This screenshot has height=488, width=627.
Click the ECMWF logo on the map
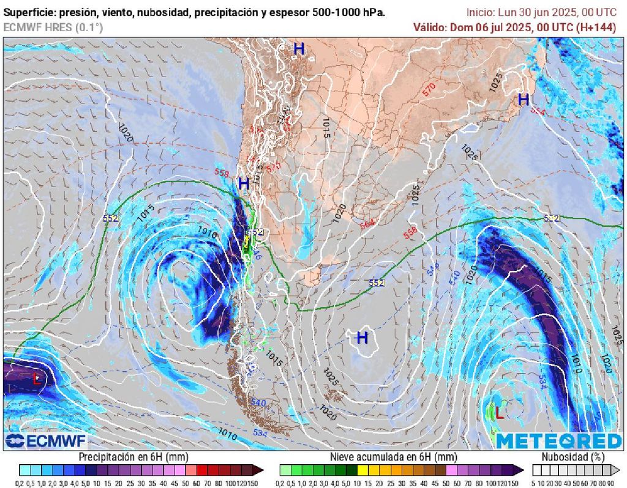point(46,441)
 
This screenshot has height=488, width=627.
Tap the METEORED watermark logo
point(558,440)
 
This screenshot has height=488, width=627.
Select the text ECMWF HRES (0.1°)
point(53,27)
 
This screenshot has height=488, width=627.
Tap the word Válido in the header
point(430,27)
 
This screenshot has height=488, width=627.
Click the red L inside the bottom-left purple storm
point(37,379)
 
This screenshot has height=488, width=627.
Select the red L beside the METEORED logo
point(499,413)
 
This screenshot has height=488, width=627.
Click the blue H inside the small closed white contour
point(362,337)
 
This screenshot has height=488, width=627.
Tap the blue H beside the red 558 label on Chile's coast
point(244,183)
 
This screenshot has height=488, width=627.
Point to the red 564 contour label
point(367,224)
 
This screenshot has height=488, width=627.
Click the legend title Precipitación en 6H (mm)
point(133,457)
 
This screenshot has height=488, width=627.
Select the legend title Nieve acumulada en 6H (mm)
point(394,457)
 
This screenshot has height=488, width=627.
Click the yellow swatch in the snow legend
point(362,470)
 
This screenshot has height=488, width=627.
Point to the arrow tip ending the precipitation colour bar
point(261,470)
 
